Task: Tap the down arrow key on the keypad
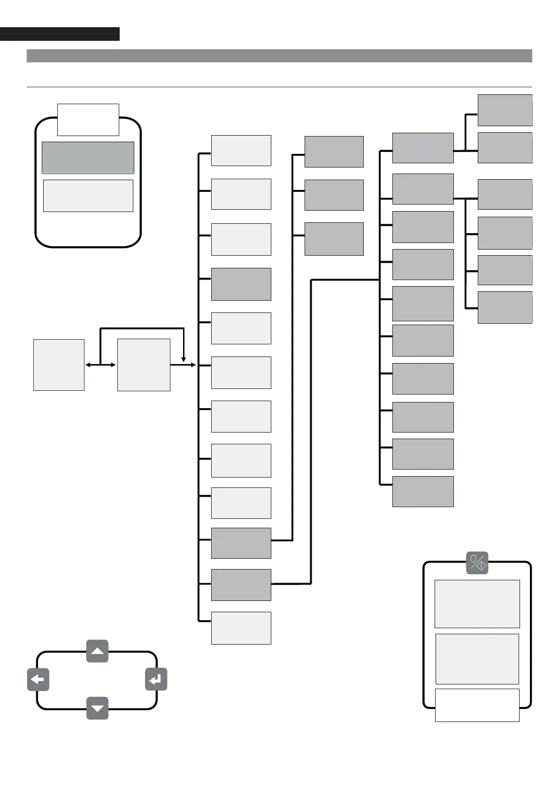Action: pos(97,708)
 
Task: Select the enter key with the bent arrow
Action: pos(156,679)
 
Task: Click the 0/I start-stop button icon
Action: pos(477,562)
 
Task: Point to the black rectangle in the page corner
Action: pos(60,34)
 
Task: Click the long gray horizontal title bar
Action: pos(279,56)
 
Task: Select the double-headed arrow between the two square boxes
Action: pos(100,365)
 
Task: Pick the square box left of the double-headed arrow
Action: pos(59,365)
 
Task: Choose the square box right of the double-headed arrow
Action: pos(144,365)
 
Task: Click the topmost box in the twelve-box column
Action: pos(241,151)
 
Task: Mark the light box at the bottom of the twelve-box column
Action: pos(241,628)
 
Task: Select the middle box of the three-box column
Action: pos(334,195)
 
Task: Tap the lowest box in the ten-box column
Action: pos(422,491)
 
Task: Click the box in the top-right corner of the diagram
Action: pos(505,110)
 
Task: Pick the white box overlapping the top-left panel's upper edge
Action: pos(88,120)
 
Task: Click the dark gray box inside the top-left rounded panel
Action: pos(88,158)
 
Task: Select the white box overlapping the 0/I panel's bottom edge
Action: pos(477,705)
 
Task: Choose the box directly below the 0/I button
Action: pos(477,604)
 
